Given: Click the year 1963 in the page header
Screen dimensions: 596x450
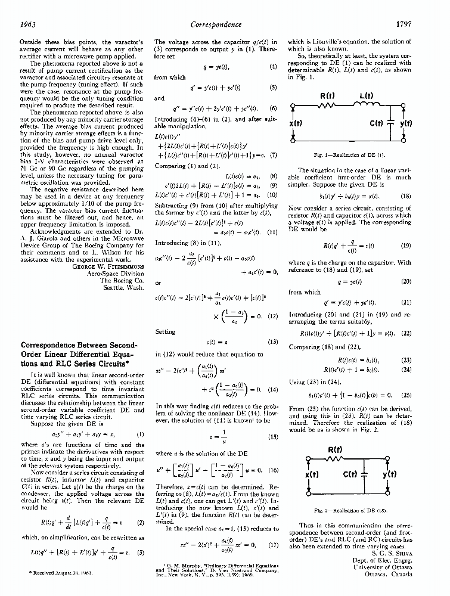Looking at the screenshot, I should tap(30, 24).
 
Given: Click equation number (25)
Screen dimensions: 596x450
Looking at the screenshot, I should tap(406, 395).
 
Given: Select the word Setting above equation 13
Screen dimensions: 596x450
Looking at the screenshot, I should tap(165, 332).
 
